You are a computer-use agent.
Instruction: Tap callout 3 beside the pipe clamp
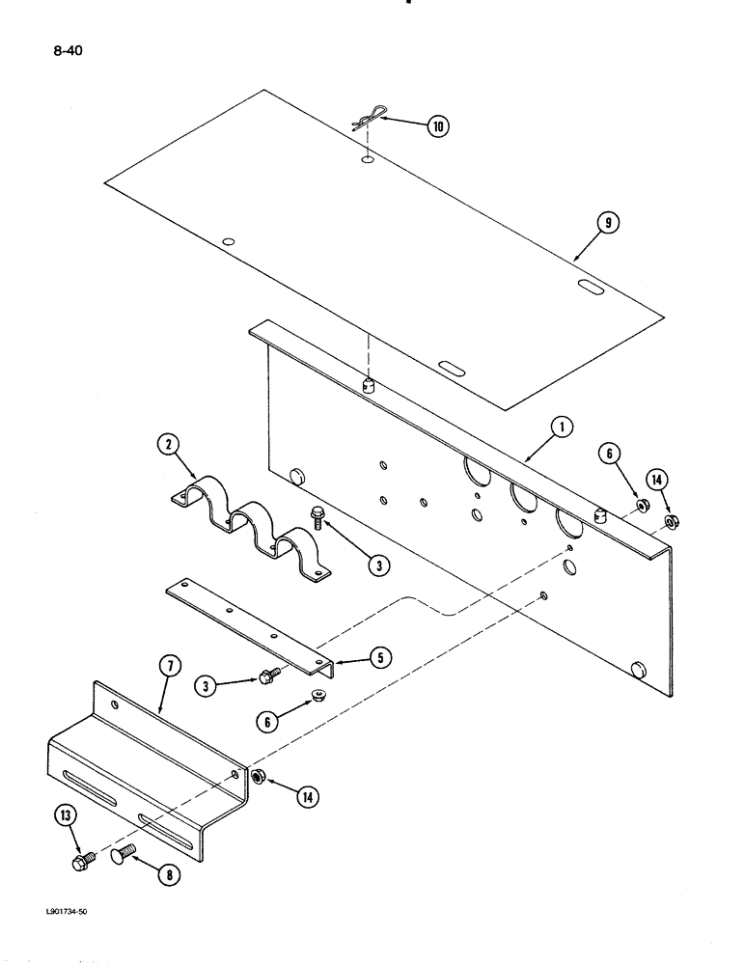click(x=378, y=565)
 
